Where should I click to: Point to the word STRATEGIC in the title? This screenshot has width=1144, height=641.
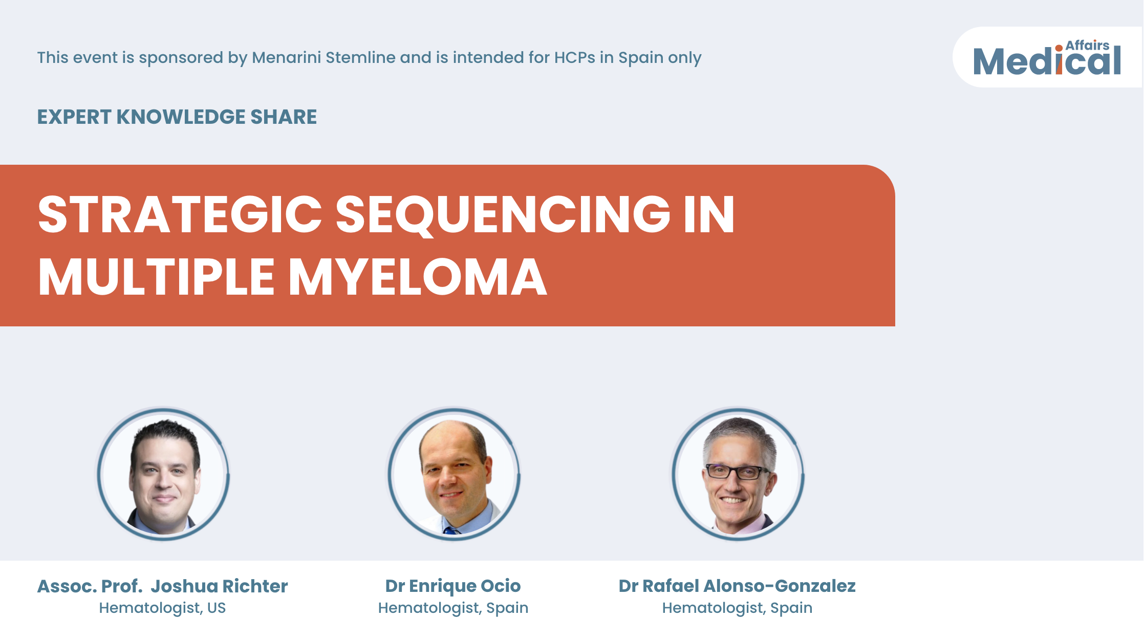[x=180, y=215]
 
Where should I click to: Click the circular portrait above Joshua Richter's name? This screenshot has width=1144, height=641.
[x=163, y=474]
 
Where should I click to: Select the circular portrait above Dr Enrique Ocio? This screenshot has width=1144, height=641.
[x=454, y=474]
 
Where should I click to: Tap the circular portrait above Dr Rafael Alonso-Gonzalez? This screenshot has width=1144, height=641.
[x=738, y=474]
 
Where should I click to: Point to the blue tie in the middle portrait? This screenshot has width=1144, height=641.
[x=451, y=531]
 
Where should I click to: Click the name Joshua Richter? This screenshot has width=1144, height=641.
[x=219, y=586]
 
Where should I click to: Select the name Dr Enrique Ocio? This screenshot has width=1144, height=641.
[x=453, y=586]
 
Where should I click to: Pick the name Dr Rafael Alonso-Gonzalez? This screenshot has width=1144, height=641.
[x=737, y=586]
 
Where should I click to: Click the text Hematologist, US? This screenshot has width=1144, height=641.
[x=162, y=608]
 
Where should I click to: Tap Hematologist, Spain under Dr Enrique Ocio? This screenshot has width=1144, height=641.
[x=453, y=608]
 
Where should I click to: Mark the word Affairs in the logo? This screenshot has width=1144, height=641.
[x=1087, y=46]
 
